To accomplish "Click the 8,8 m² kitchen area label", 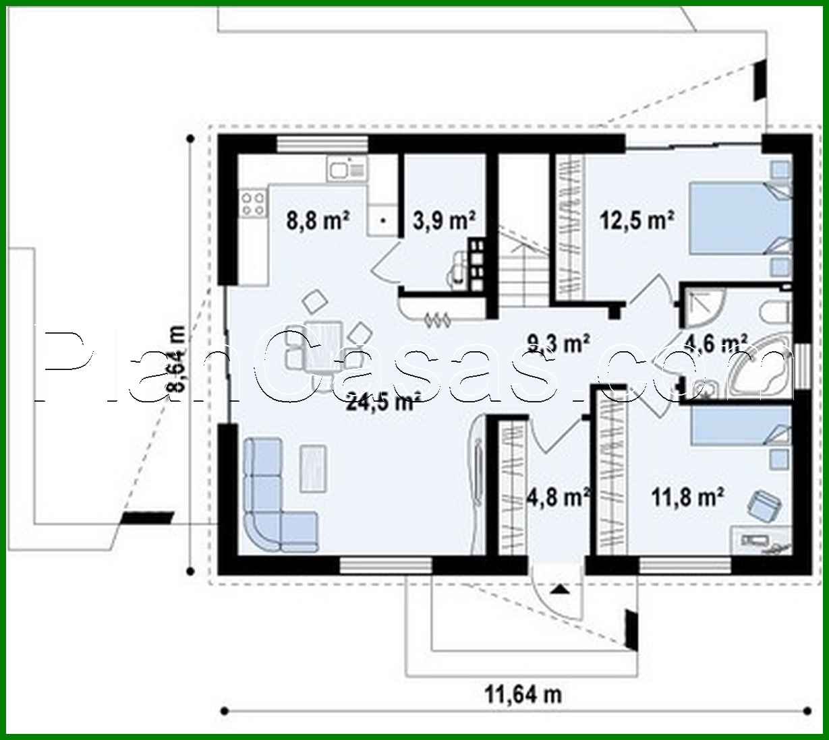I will click(x=318, y=220).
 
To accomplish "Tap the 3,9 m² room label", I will click(x=444, y=220).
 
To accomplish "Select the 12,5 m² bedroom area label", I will click(x=638, y=220).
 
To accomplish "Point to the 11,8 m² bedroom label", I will click(x=688, y=497).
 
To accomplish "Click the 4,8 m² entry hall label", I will click(x=557, y=497).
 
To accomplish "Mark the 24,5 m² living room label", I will click(x=380, y=402).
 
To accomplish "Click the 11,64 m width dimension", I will click(x=523, y=693).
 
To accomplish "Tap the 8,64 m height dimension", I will click(x=176, y=358).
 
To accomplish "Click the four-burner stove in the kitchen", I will click(x=254, y=203).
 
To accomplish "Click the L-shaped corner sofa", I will click(x=270, y=502).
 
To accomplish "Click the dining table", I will click(x=322, y=347).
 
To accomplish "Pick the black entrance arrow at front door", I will click(x=558, y=589).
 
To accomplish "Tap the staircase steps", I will click(x=523, y=276).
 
